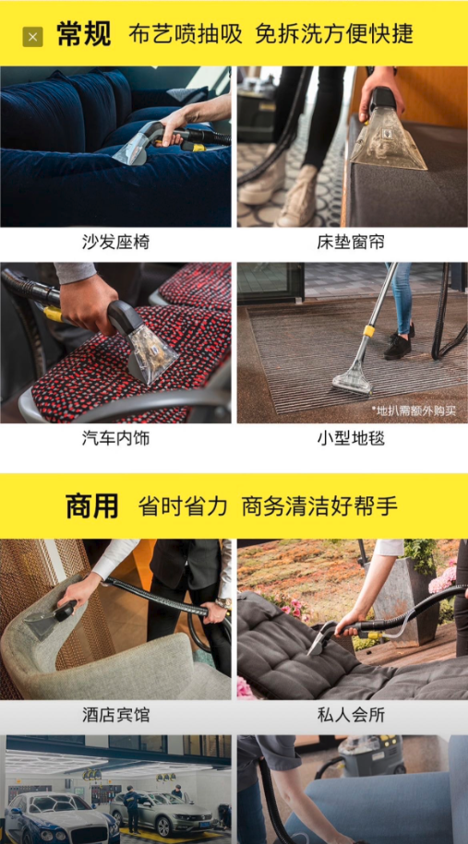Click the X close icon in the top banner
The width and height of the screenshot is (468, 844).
32,37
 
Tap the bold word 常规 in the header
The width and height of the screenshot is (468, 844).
83,34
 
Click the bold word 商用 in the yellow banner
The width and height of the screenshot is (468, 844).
91,506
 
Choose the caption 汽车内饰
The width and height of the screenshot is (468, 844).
115,438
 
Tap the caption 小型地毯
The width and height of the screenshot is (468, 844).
351,438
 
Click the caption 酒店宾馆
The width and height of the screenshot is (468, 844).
115,715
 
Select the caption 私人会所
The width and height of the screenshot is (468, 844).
351,715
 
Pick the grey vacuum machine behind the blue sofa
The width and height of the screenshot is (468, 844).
372,755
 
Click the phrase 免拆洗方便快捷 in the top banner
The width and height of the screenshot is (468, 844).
334,34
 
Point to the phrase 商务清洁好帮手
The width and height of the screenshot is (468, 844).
319,506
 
